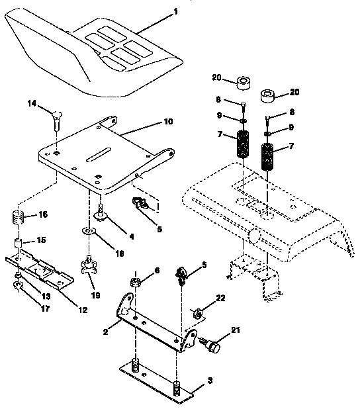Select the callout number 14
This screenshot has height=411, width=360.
(x=31, y=104)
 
